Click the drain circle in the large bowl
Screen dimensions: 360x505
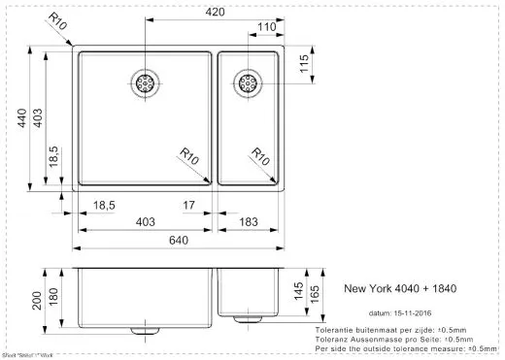click(x=146, y=83)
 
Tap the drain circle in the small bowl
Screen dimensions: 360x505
click(x=247, y=82)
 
